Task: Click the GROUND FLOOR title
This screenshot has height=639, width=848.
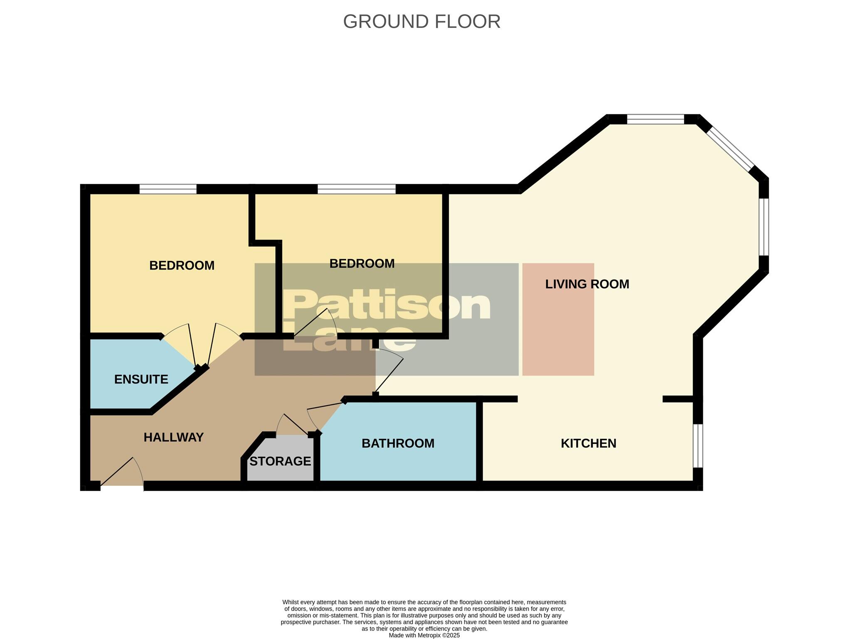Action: (422, 22)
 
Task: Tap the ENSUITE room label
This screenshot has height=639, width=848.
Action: (141, 379)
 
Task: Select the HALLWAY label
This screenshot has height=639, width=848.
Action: (173, 437)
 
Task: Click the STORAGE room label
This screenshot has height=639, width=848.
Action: (280, 461)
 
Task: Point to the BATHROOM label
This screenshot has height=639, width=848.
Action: (398, 443)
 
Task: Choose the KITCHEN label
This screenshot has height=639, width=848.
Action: (588, 443)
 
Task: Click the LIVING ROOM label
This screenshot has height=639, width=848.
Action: (587, 284)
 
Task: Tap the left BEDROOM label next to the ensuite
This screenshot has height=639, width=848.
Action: (182, 265)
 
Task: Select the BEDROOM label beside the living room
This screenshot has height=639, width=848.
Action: (362, 263)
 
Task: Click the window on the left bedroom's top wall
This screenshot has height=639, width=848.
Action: (168, 189)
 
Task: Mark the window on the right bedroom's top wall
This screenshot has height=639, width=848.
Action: (357, 189)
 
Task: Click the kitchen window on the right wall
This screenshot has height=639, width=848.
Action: (698, 446)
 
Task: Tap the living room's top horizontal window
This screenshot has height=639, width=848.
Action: (656, 119)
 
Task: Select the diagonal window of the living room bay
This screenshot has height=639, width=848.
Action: (730, 148)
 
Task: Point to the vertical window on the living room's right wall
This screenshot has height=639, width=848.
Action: (764, 227)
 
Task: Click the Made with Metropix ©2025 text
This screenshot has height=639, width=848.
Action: (424, 635)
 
